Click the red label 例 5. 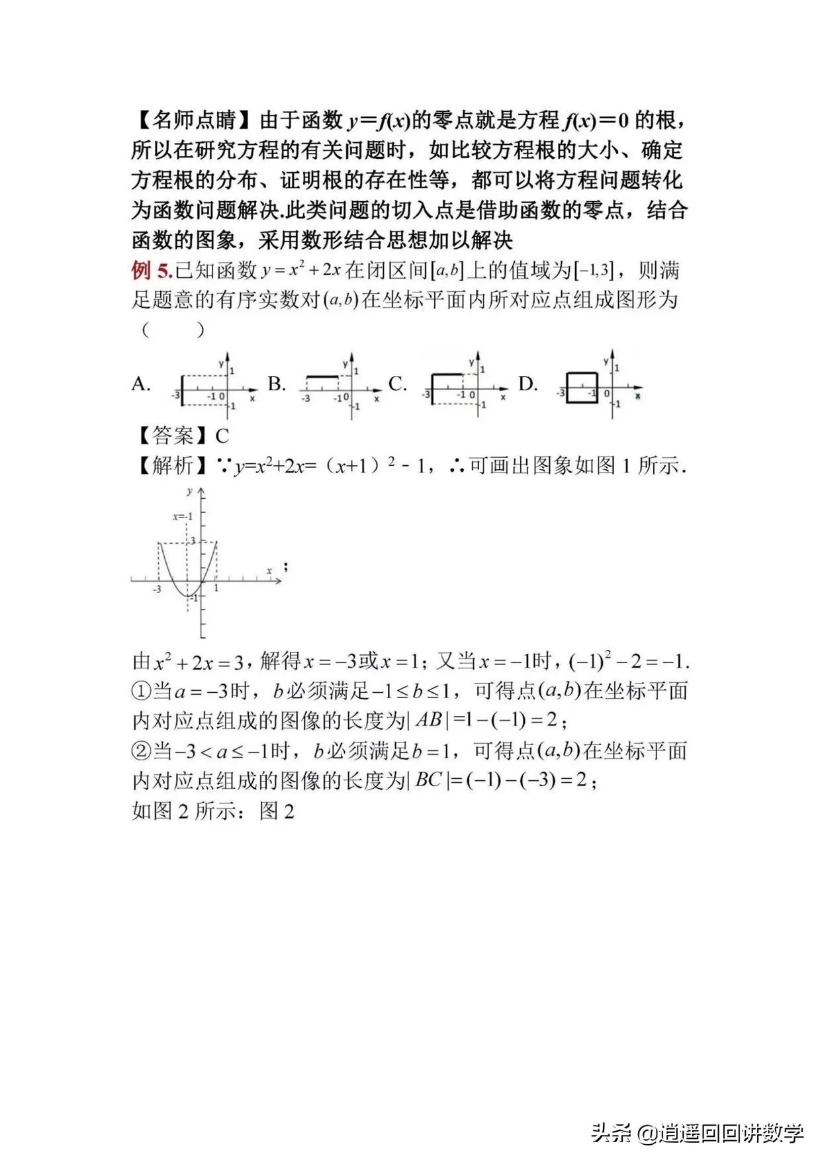152,271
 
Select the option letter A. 141,384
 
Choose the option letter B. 277,384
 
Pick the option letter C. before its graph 397,384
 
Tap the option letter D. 527,384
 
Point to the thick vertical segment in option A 182,390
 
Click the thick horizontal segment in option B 322,377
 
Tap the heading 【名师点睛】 193,120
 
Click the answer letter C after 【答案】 222,436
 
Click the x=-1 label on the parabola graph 183,516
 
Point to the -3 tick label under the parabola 157,589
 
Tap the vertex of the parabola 187,596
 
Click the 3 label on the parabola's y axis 193,541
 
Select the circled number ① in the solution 142,692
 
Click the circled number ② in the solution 142,751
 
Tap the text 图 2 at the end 277,811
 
